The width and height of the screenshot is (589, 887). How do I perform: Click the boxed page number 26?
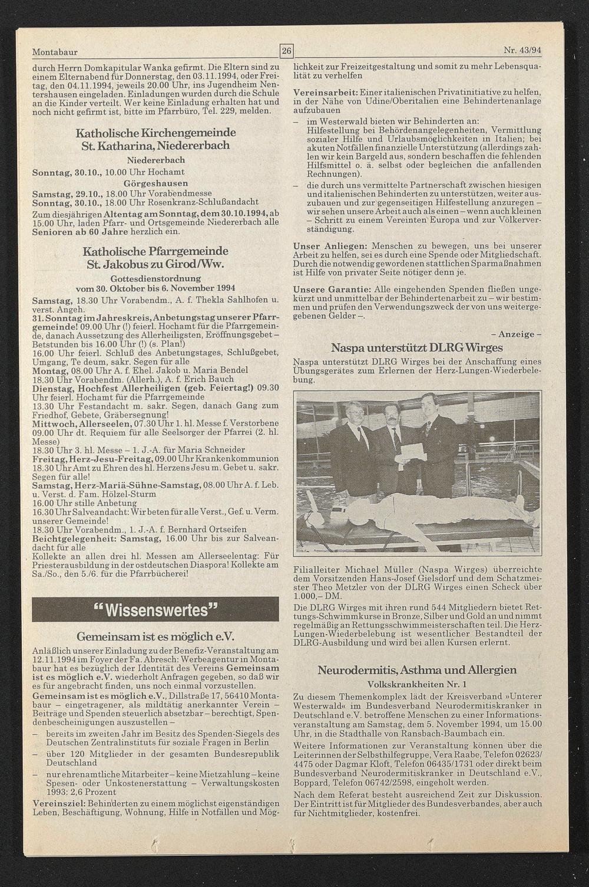[x=286, y=51]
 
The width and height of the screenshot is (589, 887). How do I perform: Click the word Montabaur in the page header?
[x=55, y=52]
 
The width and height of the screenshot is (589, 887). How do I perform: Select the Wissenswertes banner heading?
[x=155, y=610]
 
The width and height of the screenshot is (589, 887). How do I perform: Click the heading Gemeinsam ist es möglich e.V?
[x=155, y=637]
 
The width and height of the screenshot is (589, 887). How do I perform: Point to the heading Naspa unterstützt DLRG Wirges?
[x=416, y=347]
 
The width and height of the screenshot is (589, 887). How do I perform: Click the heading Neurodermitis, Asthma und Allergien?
[x=417, y=670]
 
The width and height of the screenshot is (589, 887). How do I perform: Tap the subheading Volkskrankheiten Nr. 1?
[x=416, y=684]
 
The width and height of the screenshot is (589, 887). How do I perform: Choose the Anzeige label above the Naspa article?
[x=515, y=334]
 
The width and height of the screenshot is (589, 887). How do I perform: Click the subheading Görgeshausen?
[x=155, y=183]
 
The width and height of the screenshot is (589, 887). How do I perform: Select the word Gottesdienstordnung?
[x=155, y=278]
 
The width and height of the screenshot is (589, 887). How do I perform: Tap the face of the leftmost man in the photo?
[x=356, y=411]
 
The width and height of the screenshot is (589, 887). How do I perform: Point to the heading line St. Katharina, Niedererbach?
[x=155, y=146]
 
